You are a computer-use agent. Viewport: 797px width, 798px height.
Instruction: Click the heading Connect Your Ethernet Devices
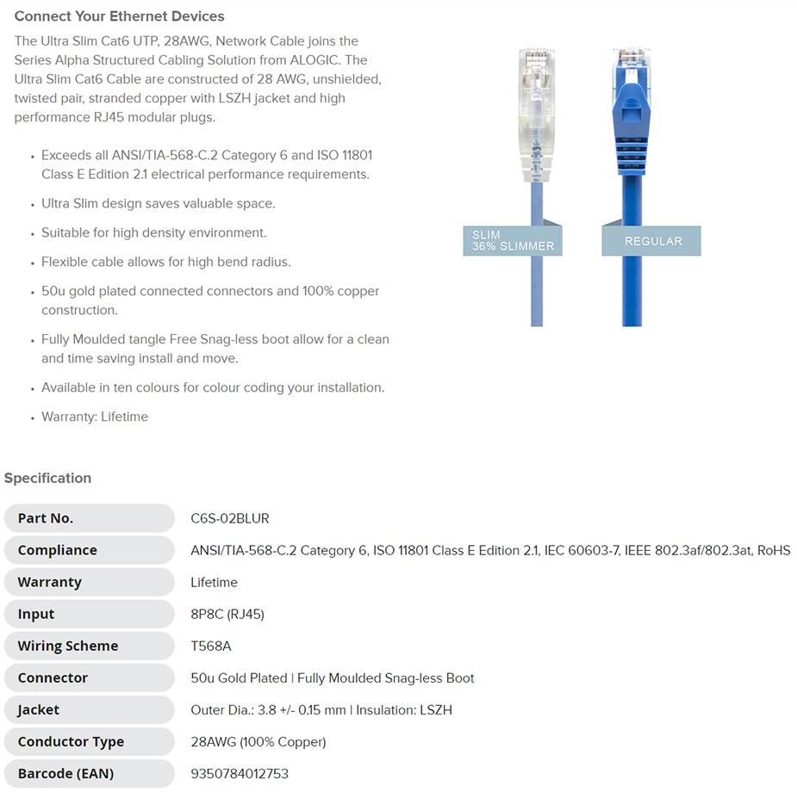pos(119,16)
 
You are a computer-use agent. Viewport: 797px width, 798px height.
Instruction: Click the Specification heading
pos(48,478)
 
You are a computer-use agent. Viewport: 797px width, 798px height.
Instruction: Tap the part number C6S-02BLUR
pos(230,518)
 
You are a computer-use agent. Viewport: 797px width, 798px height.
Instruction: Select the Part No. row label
pos(46,518)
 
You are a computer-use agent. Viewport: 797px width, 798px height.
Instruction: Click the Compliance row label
pos(57,550)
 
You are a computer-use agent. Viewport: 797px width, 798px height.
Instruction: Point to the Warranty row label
pos(49,582)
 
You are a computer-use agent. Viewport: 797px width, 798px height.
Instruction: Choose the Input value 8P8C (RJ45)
pos(227,615)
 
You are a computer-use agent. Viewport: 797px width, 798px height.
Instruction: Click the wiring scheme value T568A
pos(211,646)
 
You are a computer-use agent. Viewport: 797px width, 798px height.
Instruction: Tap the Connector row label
pos(53,677)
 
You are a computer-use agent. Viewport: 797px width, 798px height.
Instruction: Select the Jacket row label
pos(38,710)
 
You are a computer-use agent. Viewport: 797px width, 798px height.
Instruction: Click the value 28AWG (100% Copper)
pos(258,742)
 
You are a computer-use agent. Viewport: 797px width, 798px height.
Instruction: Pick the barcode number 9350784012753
pos(240,774)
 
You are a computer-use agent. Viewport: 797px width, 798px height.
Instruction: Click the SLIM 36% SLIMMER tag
pos(513,241)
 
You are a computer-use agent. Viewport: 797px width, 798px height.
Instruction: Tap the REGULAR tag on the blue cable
pos(651,241)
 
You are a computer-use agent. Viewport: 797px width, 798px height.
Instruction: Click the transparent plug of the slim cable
pos(536,114)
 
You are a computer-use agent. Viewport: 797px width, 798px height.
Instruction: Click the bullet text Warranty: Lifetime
pos(95,417)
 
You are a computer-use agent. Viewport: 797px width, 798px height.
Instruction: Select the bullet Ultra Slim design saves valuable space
pos(158,203)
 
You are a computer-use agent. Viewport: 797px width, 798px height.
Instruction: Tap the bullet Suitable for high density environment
pos(153,232)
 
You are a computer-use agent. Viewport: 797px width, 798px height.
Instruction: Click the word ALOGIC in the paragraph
pos(314,60)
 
